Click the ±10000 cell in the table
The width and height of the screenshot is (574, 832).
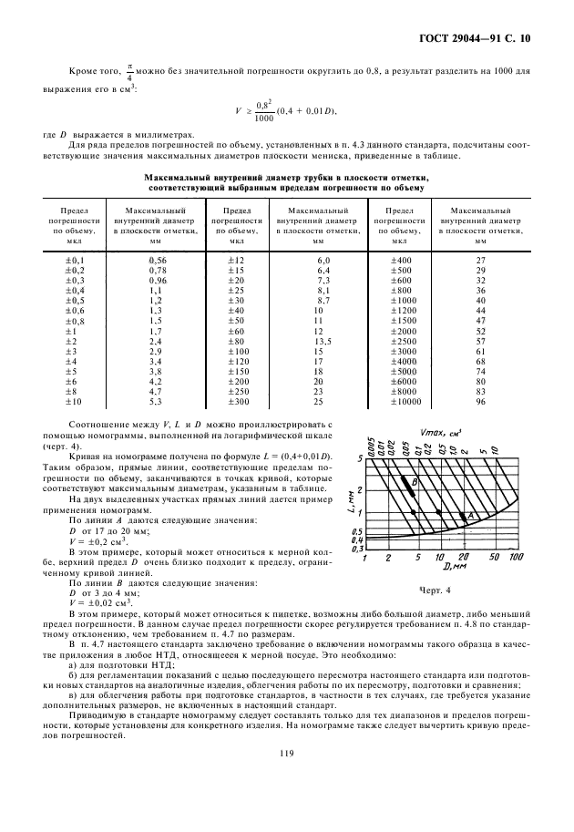[x=399, y=402]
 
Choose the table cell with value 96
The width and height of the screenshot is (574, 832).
[x=480, y=402]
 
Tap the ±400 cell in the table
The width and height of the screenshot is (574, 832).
[x=399, y=260]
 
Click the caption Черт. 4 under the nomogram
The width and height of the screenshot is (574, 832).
[x=436, y=591]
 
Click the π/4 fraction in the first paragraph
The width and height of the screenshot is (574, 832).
[x=131, y=72]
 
